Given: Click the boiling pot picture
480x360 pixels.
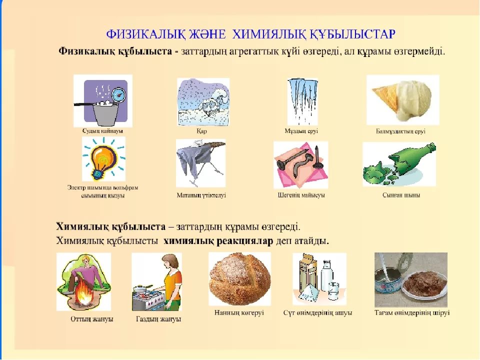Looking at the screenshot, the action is [x=103, y=100].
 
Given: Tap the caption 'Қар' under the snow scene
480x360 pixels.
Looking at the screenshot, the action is [x=201, y=131].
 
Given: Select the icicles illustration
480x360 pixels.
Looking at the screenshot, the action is [x=302, y=101].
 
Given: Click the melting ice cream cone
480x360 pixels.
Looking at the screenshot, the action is [x=402, y=100].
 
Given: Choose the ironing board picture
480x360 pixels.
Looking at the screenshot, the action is [x=201, y=163].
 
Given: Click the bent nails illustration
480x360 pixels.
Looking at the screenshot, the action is [x=300, y=164].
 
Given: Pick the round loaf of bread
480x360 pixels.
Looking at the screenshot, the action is [x=239, y=278].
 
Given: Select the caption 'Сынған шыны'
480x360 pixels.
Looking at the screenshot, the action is [x=401, y=195].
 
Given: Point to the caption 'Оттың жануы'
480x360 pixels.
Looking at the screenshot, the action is [x=92, y=319].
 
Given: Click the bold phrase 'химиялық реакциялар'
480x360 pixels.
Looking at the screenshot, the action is [x=218, y=241].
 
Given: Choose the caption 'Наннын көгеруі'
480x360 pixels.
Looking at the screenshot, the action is [x=239, y=313].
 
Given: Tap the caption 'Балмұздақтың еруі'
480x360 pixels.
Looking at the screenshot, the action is [x=400, y=131].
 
